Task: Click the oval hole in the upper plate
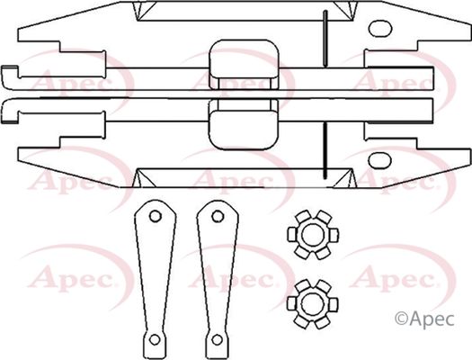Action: (380, 29)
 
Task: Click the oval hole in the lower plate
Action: (380, 160)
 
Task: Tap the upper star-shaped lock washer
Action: (313, 235)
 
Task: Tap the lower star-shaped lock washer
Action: (313, 304)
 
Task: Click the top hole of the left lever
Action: (155, 216)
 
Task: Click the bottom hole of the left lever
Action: (155, 339)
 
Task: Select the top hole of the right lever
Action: (218, 216)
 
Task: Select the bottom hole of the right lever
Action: (217, 339)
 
